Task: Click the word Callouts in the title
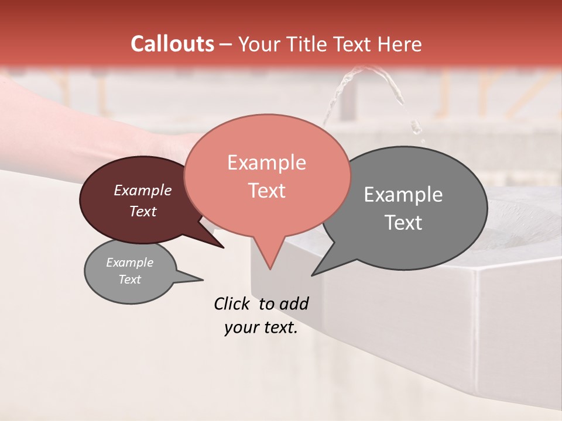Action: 172,44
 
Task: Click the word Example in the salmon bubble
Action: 266,163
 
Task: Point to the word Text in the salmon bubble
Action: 266,191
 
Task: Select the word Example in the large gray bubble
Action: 403,195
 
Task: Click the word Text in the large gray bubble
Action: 403,223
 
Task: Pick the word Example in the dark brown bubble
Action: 142,190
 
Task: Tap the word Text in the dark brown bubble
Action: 142,211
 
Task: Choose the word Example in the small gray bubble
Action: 129,263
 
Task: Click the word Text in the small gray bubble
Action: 129,279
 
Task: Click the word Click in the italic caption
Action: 234,303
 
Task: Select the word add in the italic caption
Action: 294,303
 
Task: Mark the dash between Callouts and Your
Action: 226,45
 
